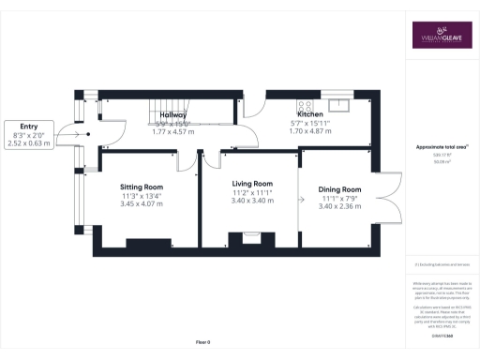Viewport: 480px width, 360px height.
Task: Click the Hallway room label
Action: click(x=173, y=115)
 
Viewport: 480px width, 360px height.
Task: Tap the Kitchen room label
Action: click(x=309, y=115)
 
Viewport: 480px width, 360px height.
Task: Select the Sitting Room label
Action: click(x=142, y=187)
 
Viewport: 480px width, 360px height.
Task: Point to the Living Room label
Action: click(x=252, y=184)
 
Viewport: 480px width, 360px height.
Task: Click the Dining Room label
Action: click(x=340, y=190)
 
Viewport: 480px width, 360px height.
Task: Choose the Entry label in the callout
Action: click(x=28, y=126)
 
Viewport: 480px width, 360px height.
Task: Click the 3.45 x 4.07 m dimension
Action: click(x=142, y=203)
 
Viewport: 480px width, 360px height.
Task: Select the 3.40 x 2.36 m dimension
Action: click(x=340, y=206)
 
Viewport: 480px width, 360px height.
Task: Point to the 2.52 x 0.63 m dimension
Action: click(x=28, y=143)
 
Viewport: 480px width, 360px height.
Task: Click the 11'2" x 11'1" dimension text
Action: click(x=252, y=192)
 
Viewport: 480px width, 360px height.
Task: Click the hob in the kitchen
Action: click(x=304, y=105)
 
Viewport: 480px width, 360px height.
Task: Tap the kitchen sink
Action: click(x=338, y=102)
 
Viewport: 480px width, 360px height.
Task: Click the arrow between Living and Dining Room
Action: click(x=301, y=200)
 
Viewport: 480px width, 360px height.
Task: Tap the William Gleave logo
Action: click(x=442, y=35)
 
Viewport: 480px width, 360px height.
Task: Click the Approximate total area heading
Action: click(x=442, y=148)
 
